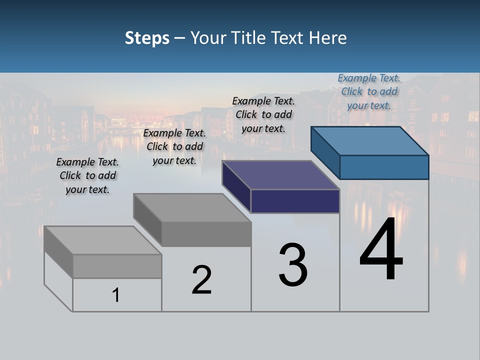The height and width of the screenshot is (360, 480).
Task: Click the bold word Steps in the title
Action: point(147,38)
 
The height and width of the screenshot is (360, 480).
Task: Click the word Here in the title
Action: point(328,38)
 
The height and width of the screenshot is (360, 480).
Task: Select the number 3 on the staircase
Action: point(293,265)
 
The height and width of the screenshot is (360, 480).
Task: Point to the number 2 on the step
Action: point(201,280)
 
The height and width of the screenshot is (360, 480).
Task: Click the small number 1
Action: point(116,295)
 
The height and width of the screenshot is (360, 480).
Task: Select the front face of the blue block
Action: point(384,167)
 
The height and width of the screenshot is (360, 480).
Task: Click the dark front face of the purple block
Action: point(295,201)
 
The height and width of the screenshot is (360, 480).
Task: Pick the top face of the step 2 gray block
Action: point(192,207)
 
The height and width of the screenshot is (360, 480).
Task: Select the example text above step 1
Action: point(87,175)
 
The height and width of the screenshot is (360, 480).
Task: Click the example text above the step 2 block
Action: point(174,146)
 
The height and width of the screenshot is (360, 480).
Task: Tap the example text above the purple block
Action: point(263,114)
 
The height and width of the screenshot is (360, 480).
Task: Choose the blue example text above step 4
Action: point(369,91)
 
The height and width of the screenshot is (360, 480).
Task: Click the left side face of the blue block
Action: point(325,152)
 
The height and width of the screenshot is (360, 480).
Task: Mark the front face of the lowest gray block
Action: point(117,266)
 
